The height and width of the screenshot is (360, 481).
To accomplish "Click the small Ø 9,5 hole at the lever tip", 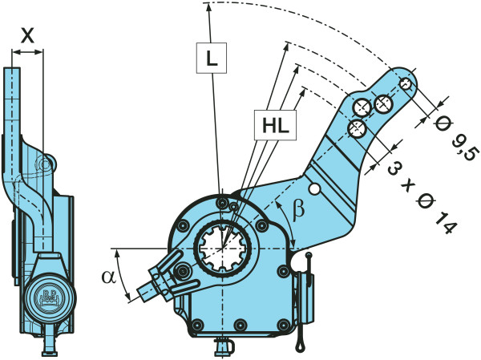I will click(x=406, y=83).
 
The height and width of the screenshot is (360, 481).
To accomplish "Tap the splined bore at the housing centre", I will click(x=220, y=248).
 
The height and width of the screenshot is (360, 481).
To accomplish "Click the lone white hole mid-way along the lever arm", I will click(x=317, y=189).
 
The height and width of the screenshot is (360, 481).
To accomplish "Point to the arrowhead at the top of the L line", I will click(x=207, y=7).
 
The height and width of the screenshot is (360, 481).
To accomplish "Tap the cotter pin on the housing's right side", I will click(x=303, y=301).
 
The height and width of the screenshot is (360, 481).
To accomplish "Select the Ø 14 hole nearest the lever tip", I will click(x=384, y=103).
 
